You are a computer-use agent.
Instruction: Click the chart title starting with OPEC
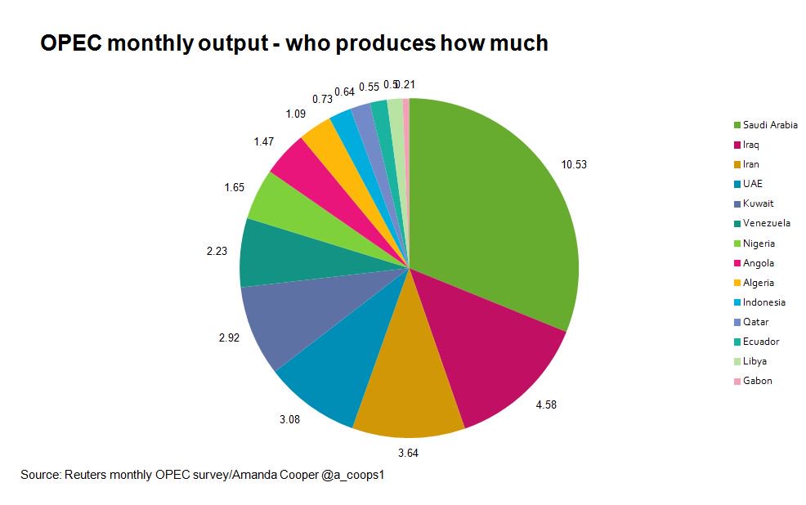pyautogui.click(x=293, y=43)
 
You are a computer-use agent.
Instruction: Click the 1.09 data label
pyautogui.click(x=296, y=114)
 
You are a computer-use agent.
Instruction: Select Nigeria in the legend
pyautogui.click(x=759, y=243)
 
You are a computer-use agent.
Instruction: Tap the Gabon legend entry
pyautogui.click(x=757, y=381)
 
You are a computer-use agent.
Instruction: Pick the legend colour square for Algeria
pyautogui.click(x=737, y=283)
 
